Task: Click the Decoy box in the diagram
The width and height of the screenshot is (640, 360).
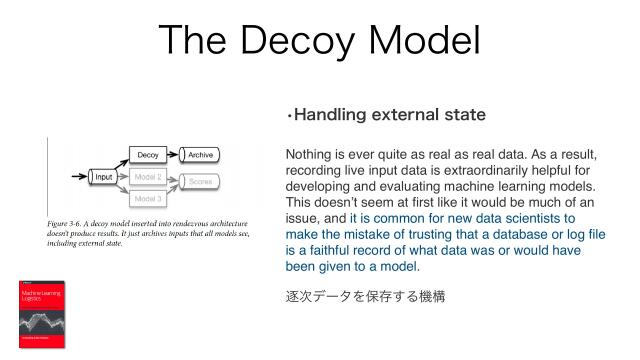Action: tap(148, 155)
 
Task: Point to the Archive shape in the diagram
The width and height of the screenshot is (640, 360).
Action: tap(201, 155)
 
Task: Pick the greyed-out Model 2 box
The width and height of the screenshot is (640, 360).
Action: tap(148, 177)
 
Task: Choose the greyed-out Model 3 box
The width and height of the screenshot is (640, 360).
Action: tap(148, 198)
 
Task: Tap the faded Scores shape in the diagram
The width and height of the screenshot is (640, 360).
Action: tap(201, 182)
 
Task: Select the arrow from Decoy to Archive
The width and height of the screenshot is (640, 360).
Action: tap(175, 155)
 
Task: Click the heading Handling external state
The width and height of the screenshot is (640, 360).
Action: tap(386, 115)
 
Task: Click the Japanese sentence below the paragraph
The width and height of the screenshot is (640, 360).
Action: tap(364, 296)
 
